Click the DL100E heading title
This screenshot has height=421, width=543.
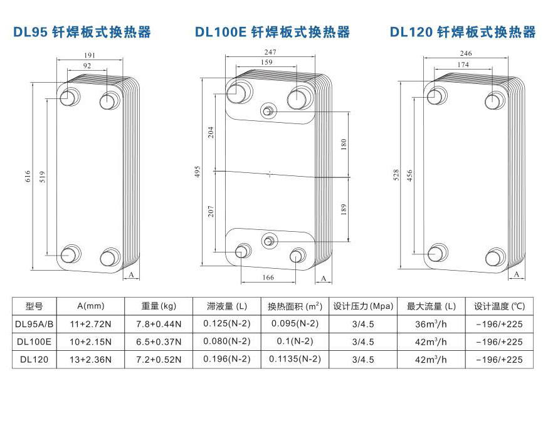[272, 32]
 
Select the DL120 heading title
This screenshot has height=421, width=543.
[463, 32]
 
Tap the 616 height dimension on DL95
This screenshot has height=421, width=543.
[28, 177]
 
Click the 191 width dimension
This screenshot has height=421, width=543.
[90, 56]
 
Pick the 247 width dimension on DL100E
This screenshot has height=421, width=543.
[271, 53]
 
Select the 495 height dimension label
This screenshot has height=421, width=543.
[197, 172]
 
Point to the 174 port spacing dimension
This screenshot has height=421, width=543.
[464, 65]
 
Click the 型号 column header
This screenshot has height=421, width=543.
[34, 306]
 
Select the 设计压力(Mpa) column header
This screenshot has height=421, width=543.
[363, 306]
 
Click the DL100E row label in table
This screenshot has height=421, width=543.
[34, 341]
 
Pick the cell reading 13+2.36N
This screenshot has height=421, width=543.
[91, 360]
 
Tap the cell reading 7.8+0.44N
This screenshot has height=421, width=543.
[159, 324]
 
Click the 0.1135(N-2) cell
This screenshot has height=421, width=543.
[295, 360]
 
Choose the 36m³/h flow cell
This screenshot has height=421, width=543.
[431, 324]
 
